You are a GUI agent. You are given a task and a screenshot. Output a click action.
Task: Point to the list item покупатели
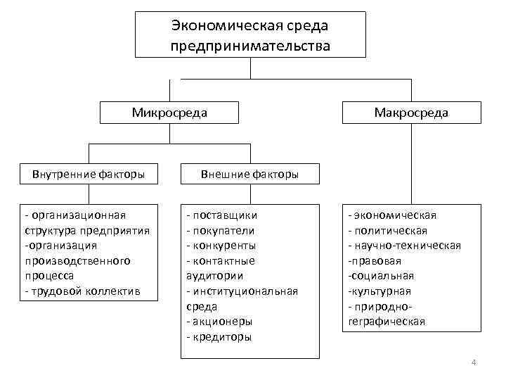tap(223, 230)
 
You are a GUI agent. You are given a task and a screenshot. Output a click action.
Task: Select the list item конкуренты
tap(224, 246)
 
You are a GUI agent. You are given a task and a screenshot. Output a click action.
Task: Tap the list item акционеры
tap(222, 322)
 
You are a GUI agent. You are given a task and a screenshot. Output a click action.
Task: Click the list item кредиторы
tap(222, 337)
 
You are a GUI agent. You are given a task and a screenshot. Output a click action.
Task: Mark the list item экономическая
tap(396, 215)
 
